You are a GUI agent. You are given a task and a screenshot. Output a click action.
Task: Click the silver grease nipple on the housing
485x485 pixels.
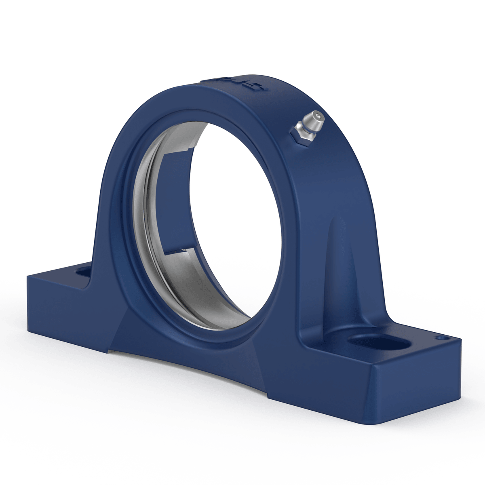[x=308, y=126]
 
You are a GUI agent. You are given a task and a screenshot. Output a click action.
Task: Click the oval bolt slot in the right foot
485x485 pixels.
[x=378, y=342]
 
